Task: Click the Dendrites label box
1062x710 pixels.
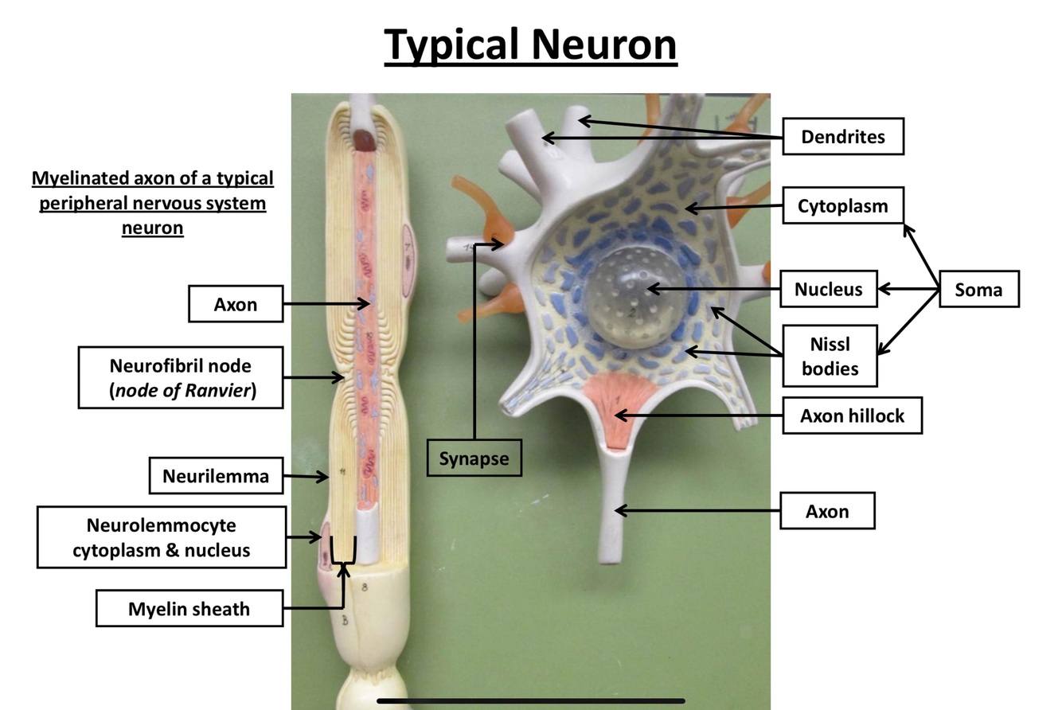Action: [x=843, y=136]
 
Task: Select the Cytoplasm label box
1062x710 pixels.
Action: [x=842, y=206]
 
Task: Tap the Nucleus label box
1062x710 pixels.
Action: [x=828, y=289]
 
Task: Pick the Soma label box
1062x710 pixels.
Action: [x=978, y=290]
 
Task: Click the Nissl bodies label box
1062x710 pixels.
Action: [x=830, y=356]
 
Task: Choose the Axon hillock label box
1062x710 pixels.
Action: [x=852, y=415]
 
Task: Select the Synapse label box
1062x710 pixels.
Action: [x=474, y=458]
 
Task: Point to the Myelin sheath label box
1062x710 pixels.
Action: [x=189, y=609]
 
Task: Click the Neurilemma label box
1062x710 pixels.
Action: [x=216, y=476]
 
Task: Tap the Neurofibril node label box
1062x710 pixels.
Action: [x=180, y=377]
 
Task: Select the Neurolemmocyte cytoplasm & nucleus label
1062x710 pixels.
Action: [x=161, y=538]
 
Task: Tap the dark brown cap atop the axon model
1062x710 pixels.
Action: [x=366, y=140]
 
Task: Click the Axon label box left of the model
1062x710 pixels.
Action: [x=235, y=303]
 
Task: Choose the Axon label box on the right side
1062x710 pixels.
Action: [x=827, y=510]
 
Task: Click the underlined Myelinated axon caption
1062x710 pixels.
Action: [x=152, y=202]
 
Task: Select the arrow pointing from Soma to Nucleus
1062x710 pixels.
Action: [x=908, y=290]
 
